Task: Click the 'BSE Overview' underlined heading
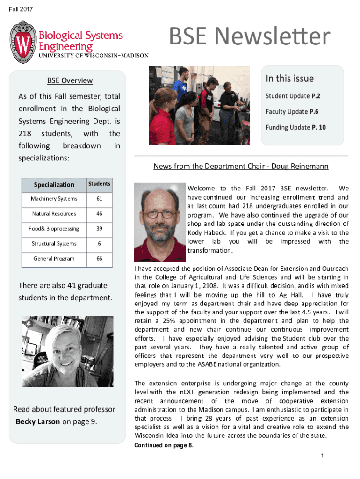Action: [x=70, y=80]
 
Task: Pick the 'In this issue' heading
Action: [x=289, y=79]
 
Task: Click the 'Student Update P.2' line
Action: [x=293, y=96]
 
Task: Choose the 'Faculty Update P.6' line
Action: [x=293, y=112]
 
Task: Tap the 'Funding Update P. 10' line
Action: [x=295, y=127]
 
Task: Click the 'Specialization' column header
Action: [x=54, y=185]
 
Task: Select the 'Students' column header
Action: [x=99, y=184]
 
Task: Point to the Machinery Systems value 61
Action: [x=99, y=199]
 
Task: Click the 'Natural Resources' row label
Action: [x=54, y=214]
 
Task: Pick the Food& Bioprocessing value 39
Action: [x=99, y=229]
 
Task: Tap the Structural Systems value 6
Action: [x=99, y=244]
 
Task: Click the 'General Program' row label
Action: [x=54, y=259]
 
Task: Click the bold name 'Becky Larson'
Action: [x=38, y=421]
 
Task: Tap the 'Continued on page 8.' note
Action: [x=164, y=445]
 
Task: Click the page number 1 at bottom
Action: [x=322, y=456]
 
